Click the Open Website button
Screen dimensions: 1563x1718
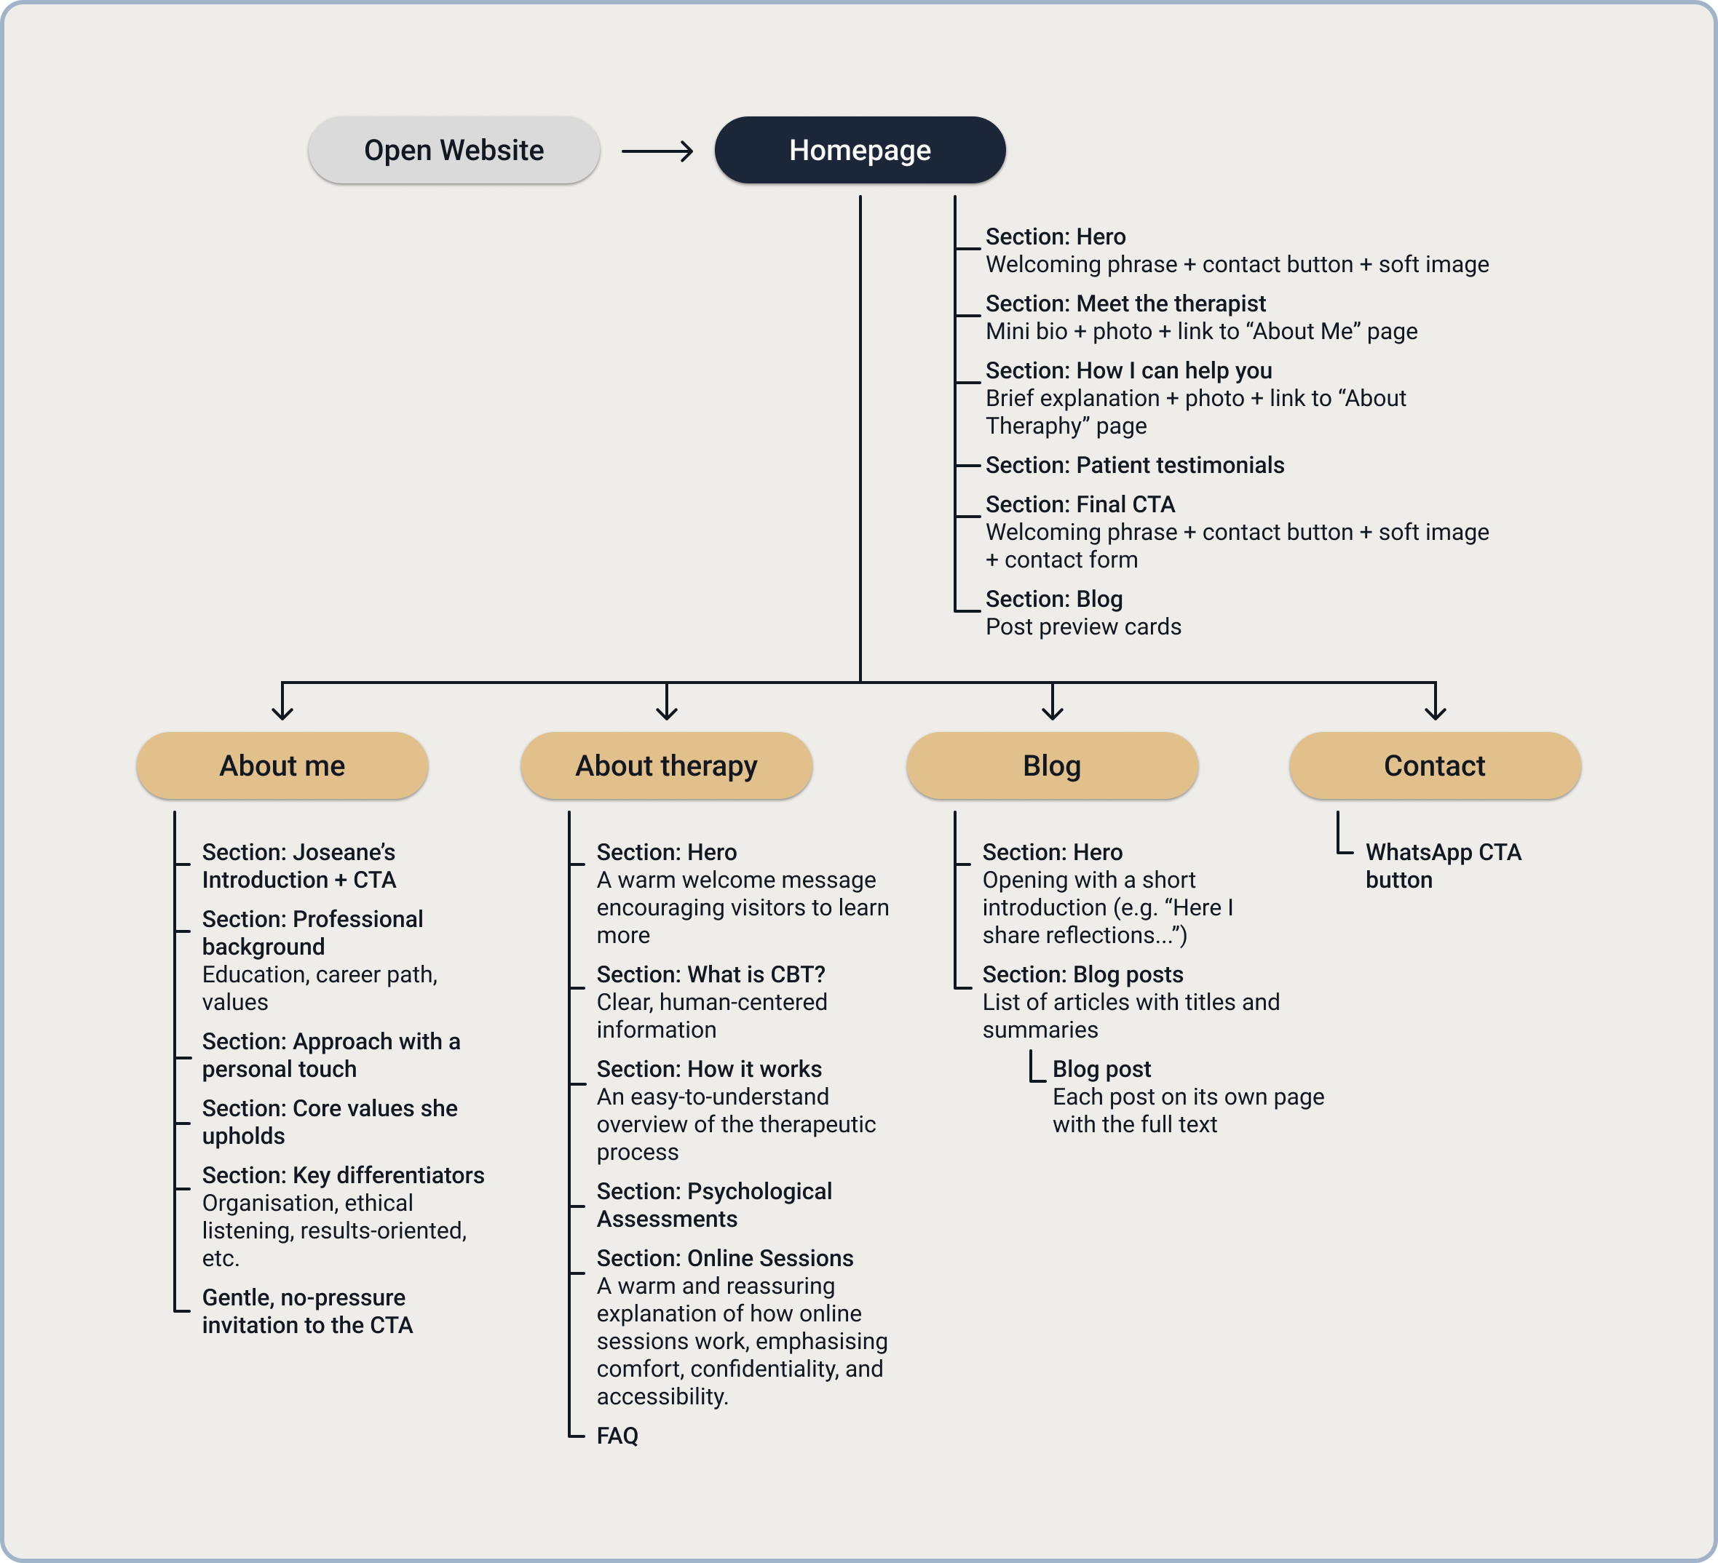[x=454, y=150]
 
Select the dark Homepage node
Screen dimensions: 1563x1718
[x=859, y=150]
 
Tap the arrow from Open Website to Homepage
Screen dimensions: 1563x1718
[x=657, y=151]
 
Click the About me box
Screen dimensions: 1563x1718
[x=282, y=765]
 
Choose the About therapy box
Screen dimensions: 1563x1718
[x=665, y=765]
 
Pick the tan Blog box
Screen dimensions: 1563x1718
[x=1052, y=765]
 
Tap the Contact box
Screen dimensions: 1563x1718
[x=1434, y=765]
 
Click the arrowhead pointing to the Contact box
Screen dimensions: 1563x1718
[x=1435, y=712]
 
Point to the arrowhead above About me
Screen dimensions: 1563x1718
[x=282, y=712]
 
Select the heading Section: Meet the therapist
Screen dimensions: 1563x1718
[x=1125, y=303]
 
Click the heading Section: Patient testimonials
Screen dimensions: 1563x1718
[x=1134, y=465]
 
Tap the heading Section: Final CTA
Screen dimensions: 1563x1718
[x=1080, y=504]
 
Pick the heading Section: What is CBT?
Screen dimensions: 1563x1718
[x=710, y=974]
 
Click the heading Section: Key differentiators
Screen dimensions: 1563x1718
[x=343, y=1175]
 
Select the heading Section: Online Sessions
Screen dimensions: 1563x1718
[x=724, y=1258]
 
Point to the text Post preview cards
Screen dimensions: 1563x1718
[x=1083, y=627]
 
